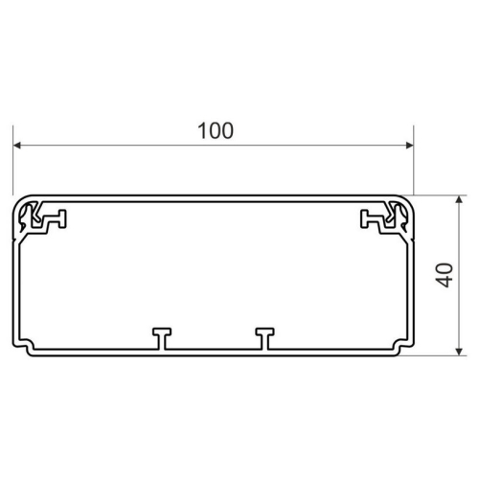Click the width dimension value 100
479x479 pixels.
[216, 131]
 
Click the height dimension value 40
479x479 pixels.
[445, 275]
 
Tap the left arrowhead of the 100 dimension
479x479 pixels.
[17, 146]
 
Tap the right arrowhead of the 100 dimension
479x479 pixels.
[409, 146]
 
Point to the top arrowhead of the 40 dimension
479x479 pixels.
[459, 199]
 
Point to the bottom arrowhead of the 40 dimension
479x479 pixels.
[459, 352]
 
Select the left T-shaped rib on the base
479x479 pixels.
[162, 338]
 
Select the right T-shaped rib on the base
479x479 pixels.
[264, 338]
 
